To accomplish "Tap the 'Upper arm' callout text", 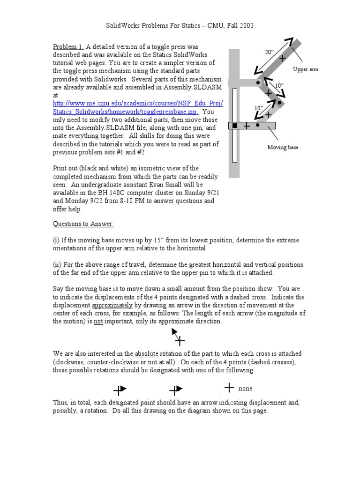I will coord(305,69).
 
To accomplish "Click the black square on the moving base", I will coord(235,126).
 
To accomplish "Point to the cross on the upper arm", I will coord(282,59).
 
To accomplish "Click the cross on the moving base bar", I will coord(247,126).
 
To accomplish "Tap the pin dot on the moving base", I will coord(258,125).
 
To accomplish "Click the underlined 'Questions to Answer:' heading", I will coord(82,224).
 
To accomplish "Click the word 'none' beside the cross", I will coord(245,389).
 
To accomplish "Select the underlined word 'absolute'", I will coord(148,353).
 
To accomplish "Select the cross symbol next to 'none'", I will coord(229,387).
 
